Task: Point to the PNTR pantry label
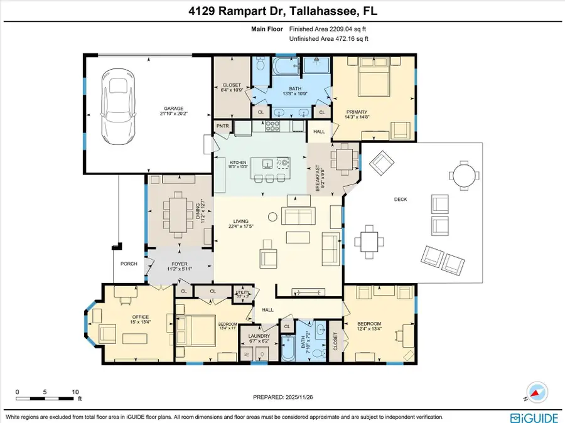coord(223,126)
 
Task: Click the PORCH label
coord(129,264)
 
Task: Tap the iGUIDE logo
coord(534,417)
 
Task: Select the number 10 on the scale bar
coord(76,391)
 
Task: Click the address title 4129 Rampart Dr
coord(282,12)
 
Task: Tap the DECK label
coord(401,199)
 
